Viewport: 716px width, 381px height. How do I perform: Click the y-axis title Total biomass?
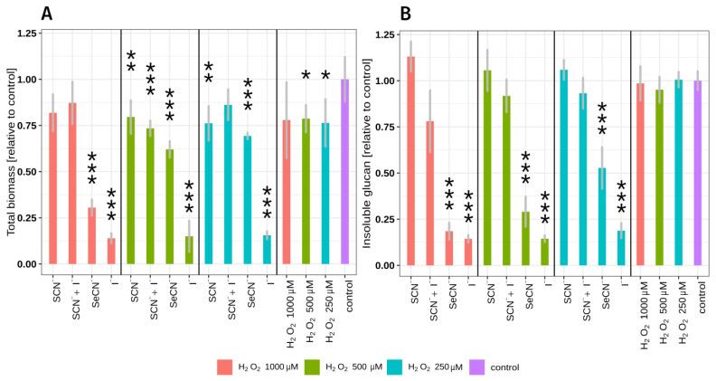pyautogui.click(x=12, y=145)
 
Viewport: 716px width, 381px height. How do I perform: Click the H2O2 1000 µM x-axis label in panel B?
pyautogui.click(x=644, y=308)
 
